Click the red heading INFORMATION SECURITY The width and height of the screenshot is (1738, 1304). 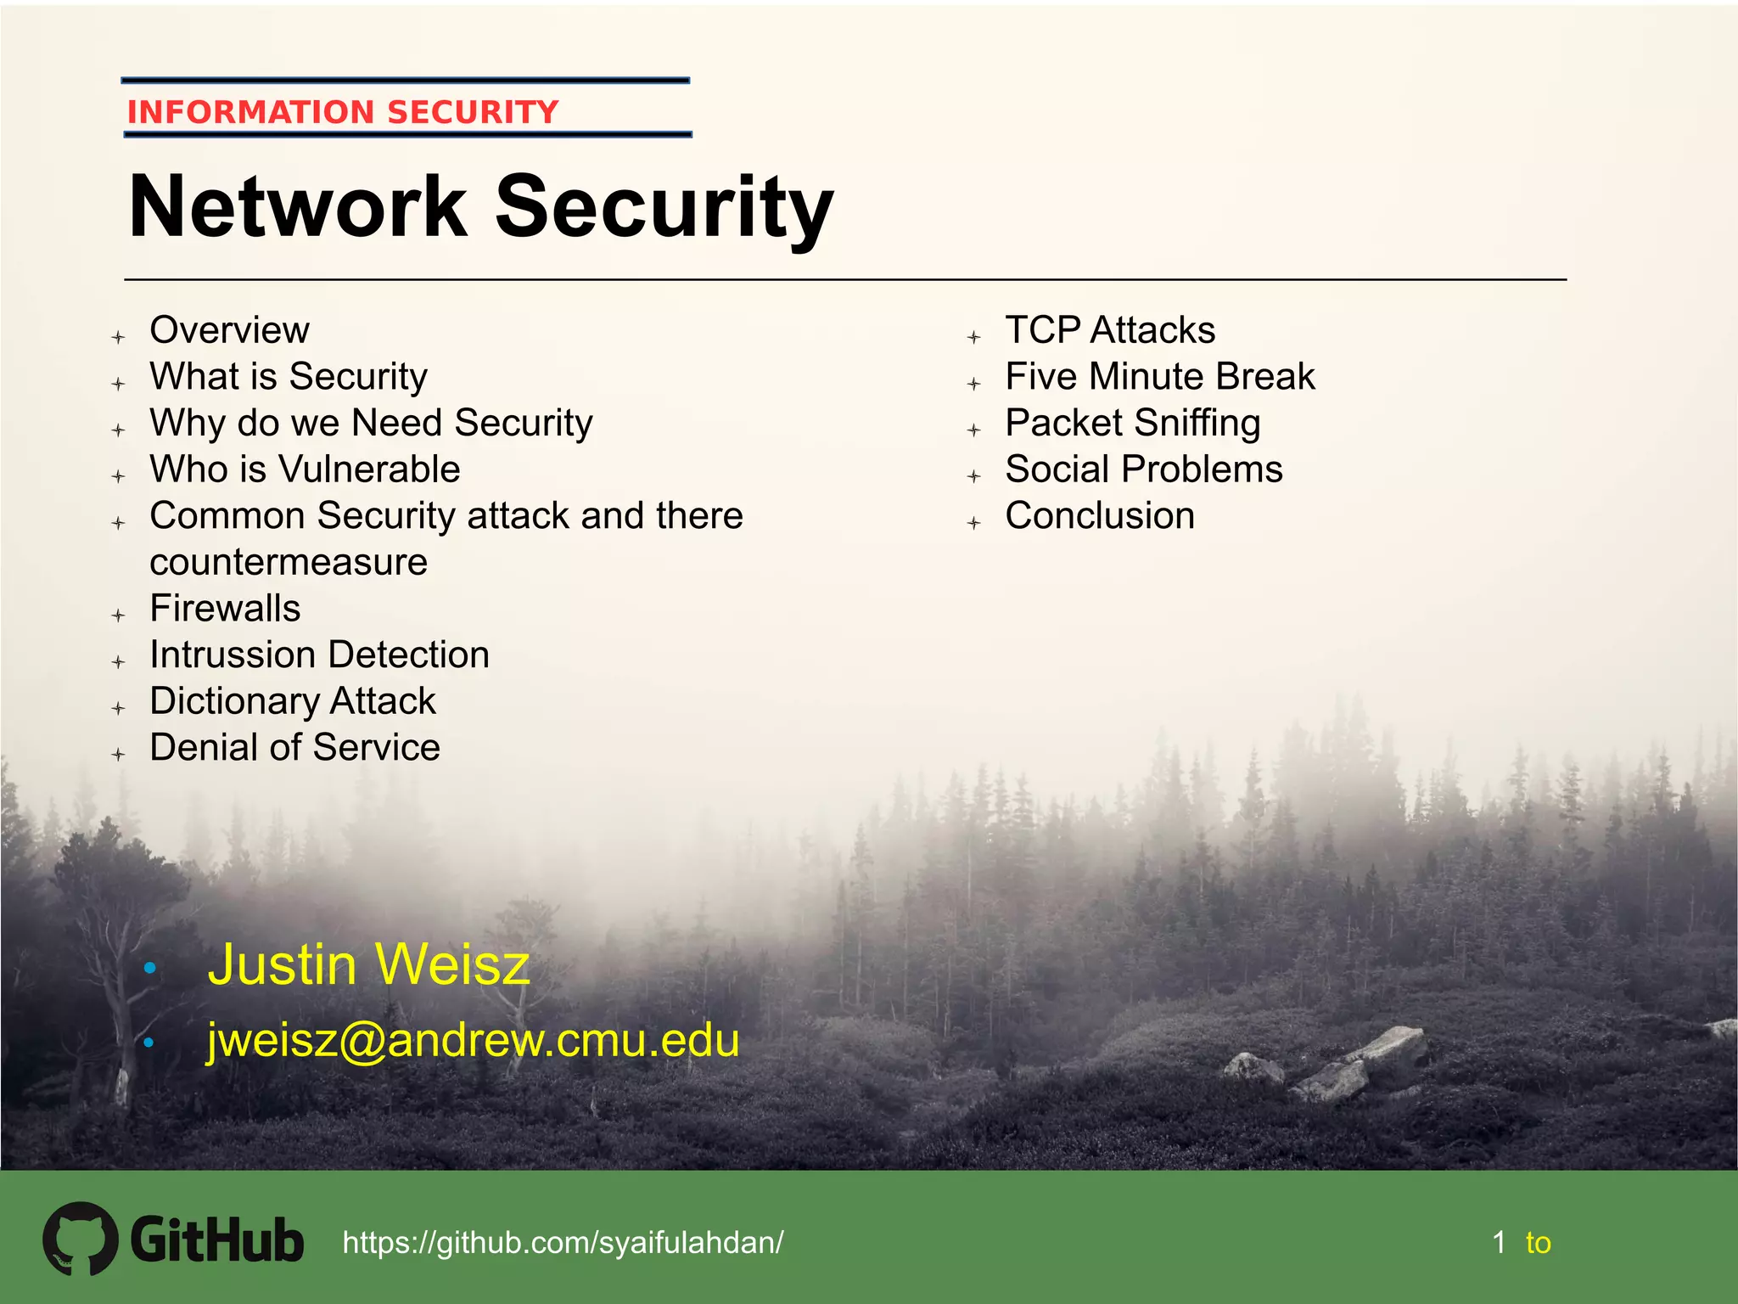tap(343, 112)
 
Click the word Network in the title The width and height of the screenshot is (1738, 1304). tap(297, 207)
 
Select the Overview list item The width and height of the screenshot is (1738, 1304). tap(229, 330)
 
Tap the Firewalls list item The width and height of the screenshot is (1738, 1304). tap(225, 609)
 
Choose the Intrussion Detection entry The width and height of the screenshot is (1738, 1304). tap(319, 655)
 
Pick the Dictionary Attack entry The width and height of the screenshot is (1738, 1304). tap(292, 701)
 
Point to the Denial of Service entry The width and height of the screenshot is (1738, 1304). tap(294, 748)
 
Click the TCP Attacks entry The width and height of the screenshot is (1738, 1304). tap(1110, 330)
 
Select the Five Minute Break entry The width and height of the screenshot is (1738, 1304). tap(1160, 377)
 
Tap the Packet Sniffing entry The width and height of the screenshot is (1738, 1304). tap(1133, 423)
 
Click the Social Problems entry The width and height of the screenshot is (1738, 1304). tap(1144, 469)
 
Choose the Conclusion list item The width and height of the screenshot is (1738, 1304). tap(1100, 516)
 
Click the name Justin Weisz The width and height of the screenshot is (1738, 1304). tap(368, 965)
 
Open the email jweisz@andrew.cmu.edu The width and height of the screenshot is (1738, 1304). tap(473, 1040)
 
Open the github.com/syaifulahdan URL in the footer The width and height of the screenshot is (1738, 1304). tap(563, 1243)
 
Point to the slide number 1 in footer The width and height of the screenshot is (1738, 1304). tap(1500, 1243)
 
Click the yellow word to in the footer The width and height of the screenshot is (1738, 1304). tap(1538, 1243)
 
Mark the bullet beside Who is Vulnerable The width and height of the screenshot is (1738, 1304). tap(119, 476)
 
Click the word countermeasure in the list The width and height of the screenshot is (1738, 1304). tap(289, 563)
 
